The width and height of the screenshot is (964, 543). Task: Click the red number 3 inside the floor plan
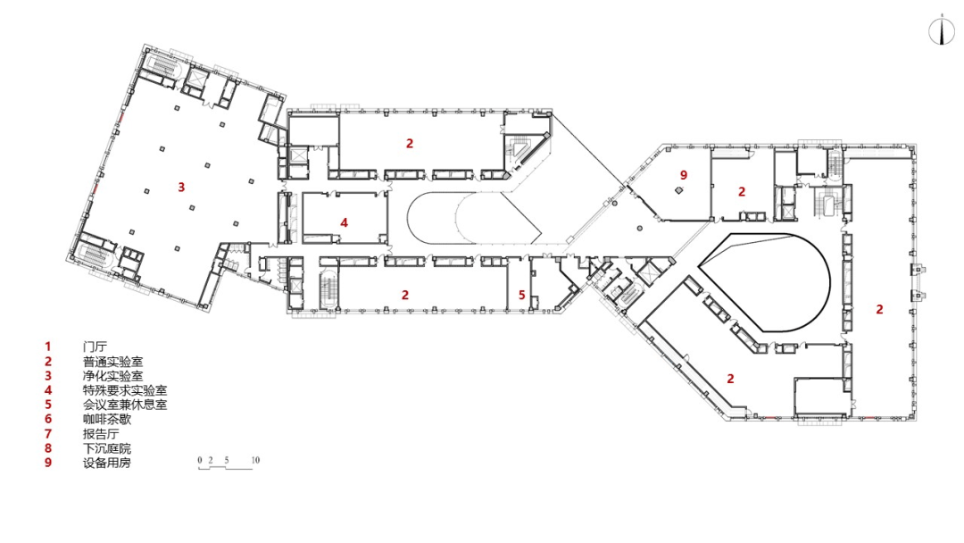[181, 187]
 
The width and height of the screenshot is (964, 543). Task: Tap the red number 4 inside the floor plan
[345, 222]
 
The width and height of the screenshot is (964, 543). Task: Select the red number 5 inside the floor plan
[522, 296]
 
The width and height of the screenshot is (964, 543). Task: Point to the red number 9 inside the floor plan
[684, 175]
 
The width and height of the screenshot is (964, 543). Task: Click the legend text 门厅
[95, 347]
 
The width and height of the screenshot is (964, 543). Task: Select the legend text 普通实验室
[113, 362]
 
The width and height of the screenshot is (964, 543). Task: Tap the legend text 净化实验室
[113, 376]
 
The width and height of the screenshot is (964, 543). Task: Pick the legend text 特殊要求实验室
[125, 390]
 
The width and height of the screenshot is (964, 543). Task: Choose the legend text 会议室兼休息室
[125, 405]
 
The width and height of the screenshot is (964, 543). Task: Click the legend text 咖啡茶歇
[107, 420]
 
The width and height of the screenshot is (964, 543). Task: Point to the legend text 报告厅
[101, 434]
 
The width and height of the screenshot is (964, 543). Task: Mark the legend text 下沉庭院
[107, 448]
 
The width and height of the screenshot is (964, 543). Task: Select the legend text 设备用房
[107, 463]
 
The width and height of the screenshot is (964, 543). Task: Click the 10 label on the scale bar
[256, 460]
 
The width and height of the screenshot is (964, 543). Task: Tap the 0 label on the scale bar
[200, 460]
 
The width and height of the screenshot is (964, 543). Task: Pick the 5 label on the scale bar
[227, 460]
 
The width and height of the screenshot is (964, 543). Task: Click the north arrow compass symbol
[942, 30]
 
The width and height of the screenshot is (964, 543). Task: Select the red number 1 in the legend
[48, 347]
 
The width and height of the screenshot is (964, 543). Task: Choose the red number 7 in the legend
[48, 434]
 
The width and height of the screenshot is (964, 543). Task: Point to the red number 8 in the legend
[48, 448]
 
